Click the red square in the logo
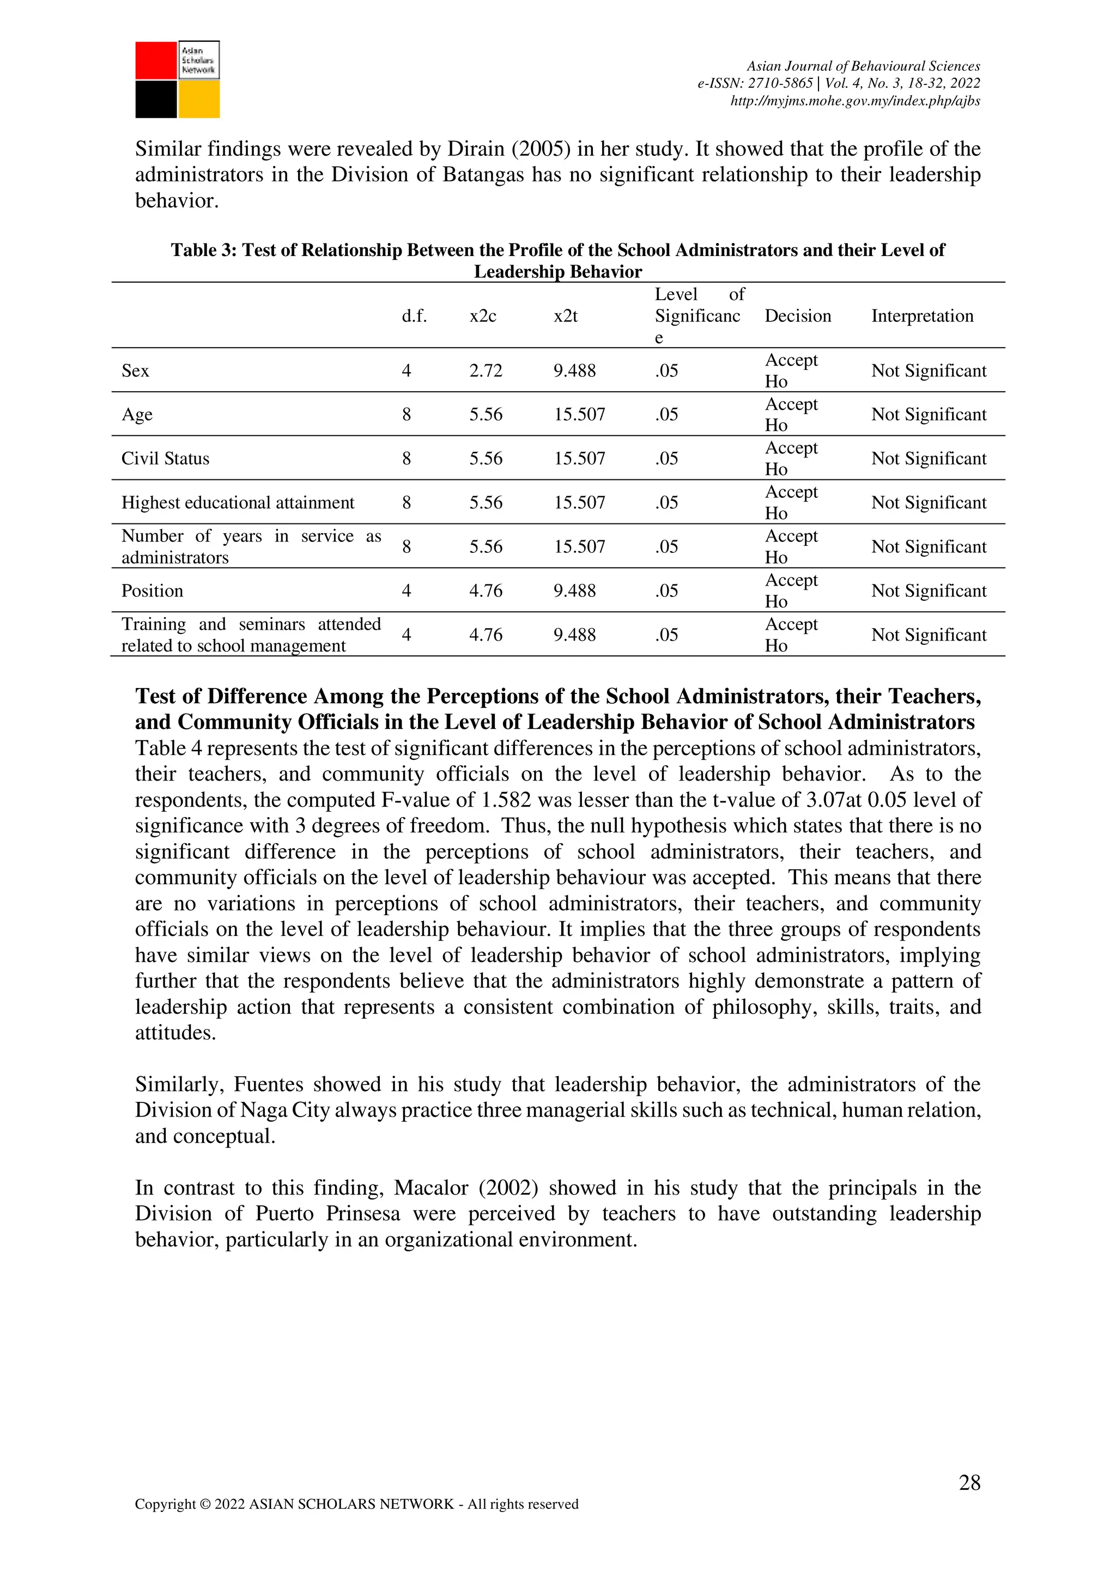(x=155, y=60)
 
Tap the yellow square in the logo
(x=199, y=100)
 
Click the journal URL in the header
(x=854, y=101)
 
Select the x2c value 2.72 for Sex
(x=486, y=370)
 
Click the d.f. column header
(x=414, y=316)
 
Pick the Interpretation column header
(x=922, y=316)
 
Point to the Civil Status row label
(x=165, y=459)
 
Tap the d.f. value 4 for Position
(x=407, y=590)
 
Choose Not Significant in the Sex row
(x=929, y=370)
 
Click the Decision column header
(x=798, y=316)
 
